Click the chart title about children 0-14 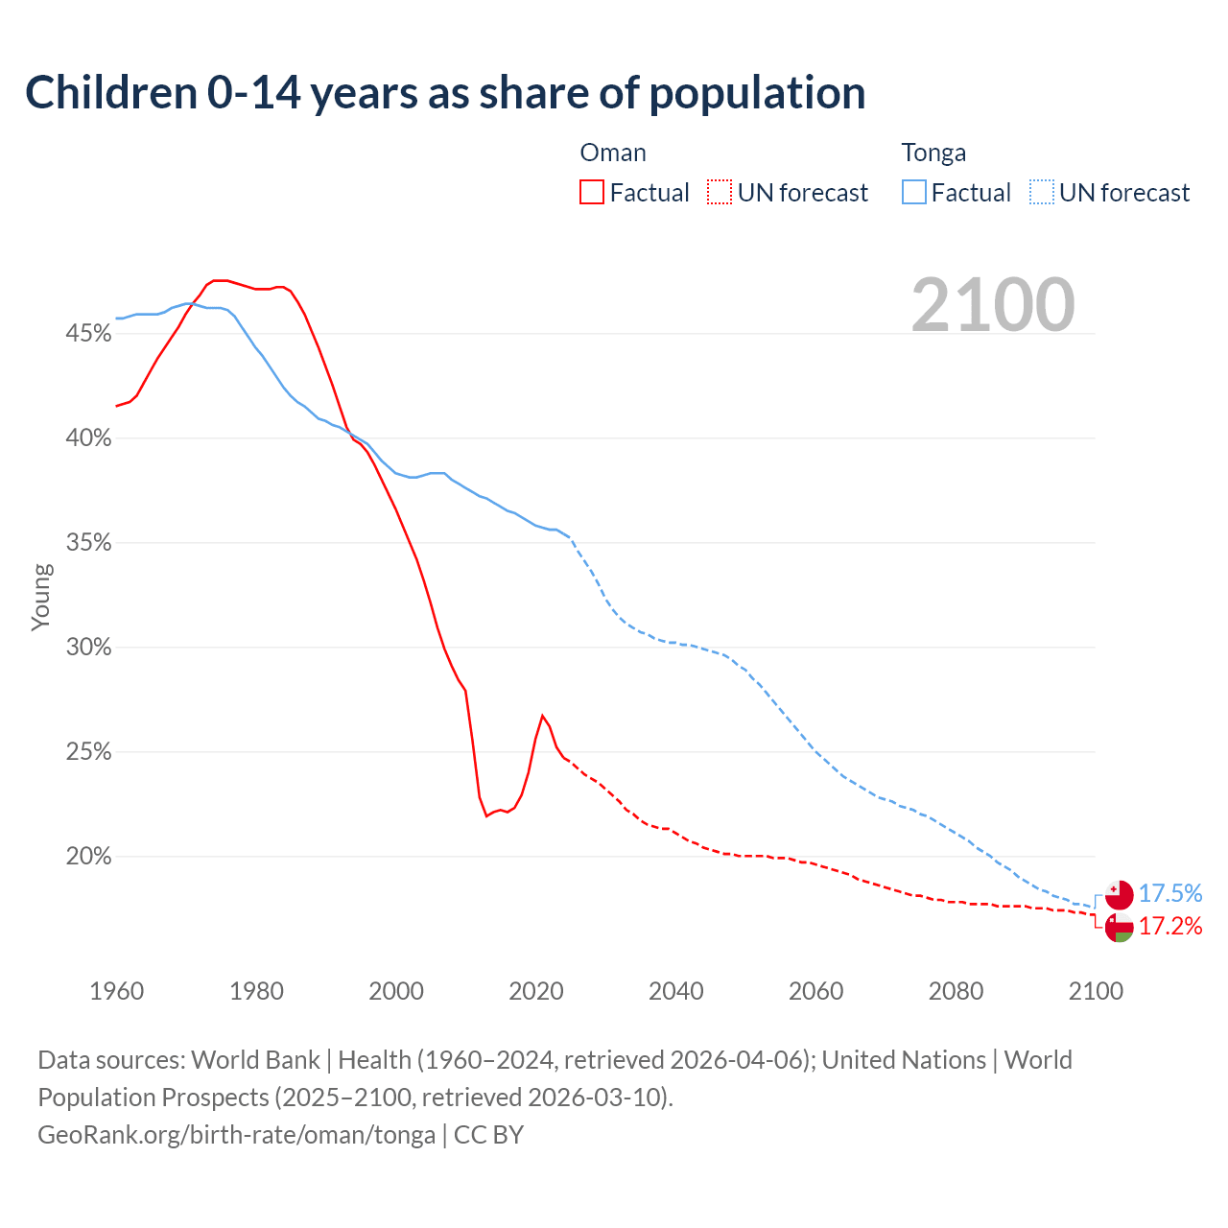tap(445, 93)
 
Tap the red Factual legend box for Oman tap(592, 193)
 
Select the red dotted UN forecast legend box tap(720, 193)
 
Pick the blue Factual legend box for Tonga tap(914, 193)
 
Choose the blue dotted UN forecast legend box tap(1042, 193)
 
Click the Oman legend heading tap(613, 153)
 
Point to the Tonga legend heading tap(933, 153)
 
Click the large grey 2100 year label tap(993, 305)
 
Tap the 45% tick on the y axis tap(88, 334)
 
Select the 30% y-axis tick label tap(88, 648)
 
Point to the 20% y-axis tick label tap(88, 857)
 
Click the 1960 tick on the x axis tap(116, 991)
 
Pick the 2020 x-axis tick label tap(535, 991)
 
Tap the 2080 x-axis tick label tap(956, 991)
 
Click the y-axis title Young tap(40, 597)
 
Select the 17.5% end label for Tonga tap(1170, 893)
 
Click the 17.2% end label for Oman tap(1170, 926)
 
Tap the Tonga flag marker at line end tap(1119, 894)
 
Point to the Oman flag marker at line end tap(1119, 928)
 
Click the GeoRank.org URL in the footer tap(236, 1135)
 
